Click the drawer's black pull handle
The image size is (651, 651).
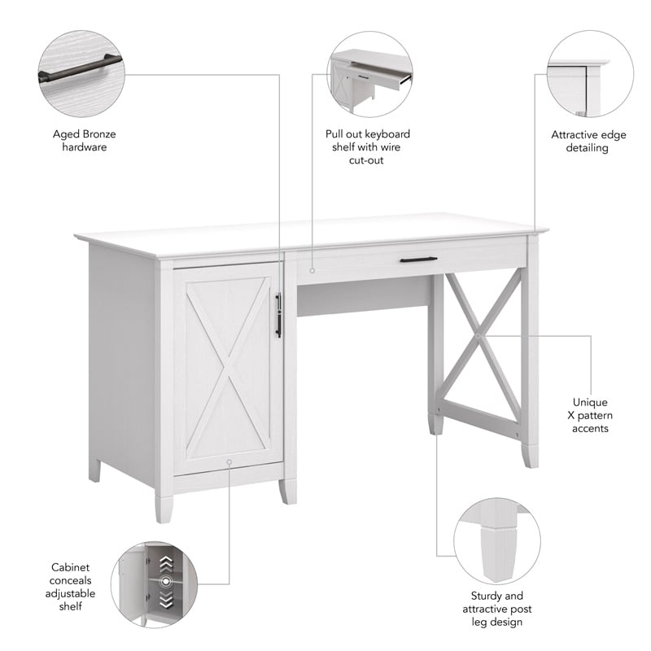pyautogui.click(x=418, y=260)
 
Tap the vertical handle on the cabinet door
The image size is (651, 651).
pyautogui.click(x=278, y=315)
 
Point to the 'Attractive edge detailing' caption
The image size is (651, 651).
pyautogui.click(x=588, y=141)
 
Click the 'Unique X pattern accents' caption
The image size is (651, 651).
pyautogui.click(x=590, y=415)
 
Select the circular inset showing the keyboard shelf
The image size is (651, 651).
pyautogui.click(x=369, y=74)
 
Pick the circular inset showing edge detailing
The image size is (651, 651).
pyautogui.click(x=588, y=74)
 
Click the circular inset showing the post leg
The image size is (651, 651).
pyautogui.click(x=496, y=540)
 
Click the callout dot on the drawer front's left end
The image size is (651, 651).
pyautogui.click(x=312, y=266)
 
